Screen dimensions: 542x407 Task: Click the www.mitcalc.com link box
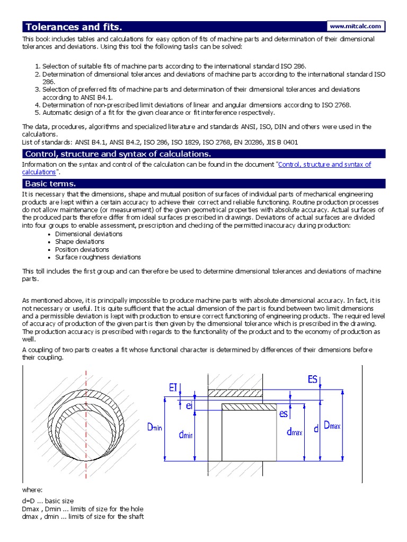pyautogui.click(x=355, y=26)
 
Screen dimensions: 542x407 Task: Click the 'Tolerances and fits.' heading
pyautogui.click(x=76, y=27)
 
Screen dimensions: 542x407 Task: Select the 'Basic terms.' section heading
pyautogui.click(x=50, y=184)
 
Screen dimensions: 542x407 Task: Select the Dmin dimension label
pyautogui.click(x=154, y=427)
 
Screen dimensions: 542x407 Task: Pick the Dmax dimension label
pyautogui.click(x=332, y=426)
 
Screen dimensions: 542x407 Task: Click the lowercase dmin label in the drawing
pyautogui.click(x=185, y=435)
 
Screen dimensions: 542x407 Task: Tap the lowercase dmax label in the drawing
pyautogui.click(x=294, y=432)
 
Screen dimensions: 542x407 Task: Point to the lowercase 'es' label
pyautogui.click(x=283, y=414)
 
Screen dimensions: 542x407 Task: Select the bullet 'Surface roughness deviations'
pyautogui.click(x=98, y=257)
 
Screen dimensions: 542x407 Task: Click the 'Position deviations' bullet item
pyautogui.click(x=82, y=249)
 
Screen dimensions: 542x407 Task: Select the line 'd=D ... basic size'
pyautogui.click(x=48, y=501)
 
